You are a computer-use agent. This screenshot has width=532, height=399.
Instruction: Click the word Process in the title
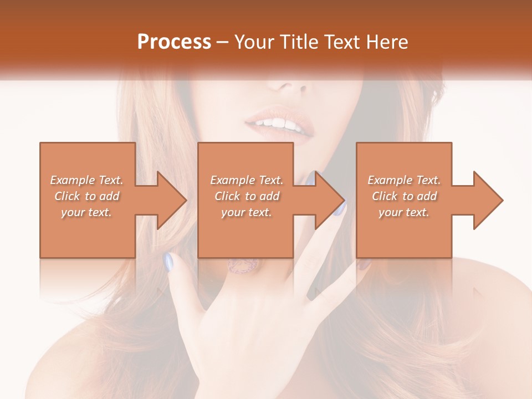[x=174, y=42]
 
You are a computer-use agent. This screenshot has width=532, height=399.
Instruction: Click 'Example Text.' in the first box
[x=86, y=180]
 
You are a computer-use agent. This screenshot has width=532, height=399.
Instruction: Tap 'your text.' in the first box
[x=86, y=212]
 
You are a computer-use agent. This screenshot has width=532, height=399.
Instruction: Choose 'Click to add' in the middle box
[x=247, y=196]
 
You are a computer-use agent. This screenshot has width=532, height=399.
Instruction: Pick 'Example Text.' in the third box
[x=404, y=180]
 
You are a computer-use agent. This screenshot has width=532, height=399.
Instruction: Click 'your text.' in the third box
[x=404, y=212]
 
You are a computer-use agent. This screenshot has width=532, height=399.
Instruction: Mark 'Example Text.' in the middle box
[x=247, y=180]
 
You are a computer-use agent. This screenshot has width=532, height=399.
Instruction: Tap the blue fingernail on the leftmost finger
[x=168, y=261]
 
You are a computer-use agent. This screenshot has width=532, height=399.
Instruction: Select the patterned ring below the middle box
[x=242, y=265]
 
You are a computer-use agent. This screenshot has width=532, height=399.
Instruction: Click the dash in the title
[x=222, y=42]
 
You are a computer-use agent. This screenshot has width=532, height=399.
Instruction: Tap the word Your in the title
[x=253, y=42]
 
